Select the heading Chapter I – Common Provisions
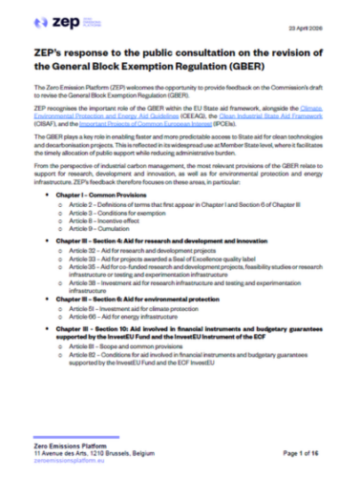click(x=124, y=194)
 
